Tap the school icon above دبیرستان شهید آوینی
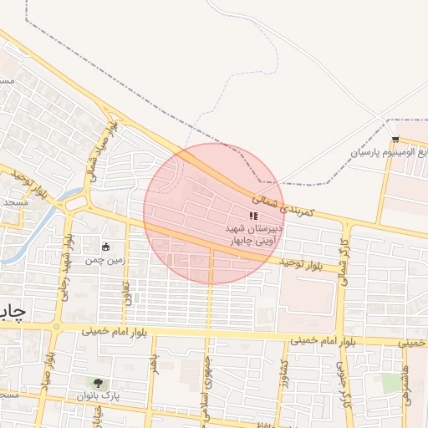pyautogui.click(x=253, y=217)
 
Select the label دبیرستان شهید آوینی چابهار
pyautogui.click(x=253, y=233)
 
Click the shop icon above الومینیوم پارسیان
pyautogui.click(x=395, y=139)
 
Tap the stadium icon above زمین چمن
pyautogui.click(x=105, y=247)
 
